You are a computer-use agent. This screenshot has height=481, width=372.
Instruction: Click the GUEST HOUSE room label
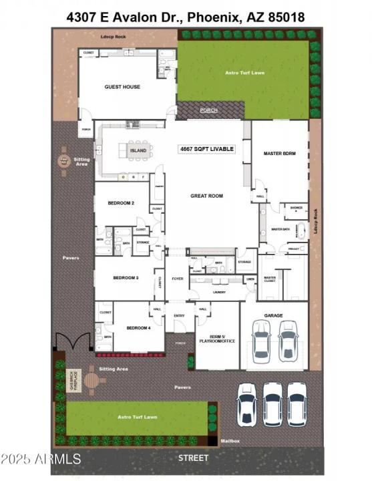click(x=122, y=87)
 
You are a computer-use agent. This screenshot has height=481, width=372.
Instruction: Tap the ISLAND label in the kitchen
click(x=138, y=151)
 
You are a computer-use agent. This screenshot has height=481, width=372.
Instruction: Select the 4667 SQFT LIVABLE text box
click(x=207, y=148)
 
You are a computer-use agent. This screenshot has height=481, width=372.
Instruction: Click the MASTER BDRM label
click(x=279, y=154)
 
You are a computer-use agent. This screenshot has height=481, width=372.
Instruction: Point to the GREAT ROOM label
click(x=206, y=196)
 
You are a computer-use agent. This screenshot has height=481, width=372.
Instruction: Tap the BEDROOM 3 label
click(x=126, y=277)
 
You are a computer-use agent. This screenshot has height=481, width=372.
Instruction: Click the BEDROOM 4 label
click(x=139, y=327)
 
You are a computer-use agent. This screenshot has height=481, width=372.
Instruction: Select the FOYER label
click(x=178, y=279)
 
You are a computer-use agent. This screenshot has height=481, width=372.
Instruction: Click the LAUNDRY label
click(x=218, y=291)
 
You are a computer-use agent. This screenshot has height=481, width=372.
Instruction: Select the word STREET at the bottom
click(x=193, y=458)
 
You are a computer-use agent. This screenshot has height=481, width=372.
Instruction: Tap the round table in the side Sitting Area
click(x=64, y=160)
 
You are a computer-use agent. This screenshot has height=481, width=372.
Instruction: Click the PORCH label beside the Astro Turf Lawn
click(x=209, y=110)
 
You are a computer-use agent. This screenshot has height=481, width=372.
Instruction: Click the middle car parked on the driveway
click(x=272, y=404)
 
